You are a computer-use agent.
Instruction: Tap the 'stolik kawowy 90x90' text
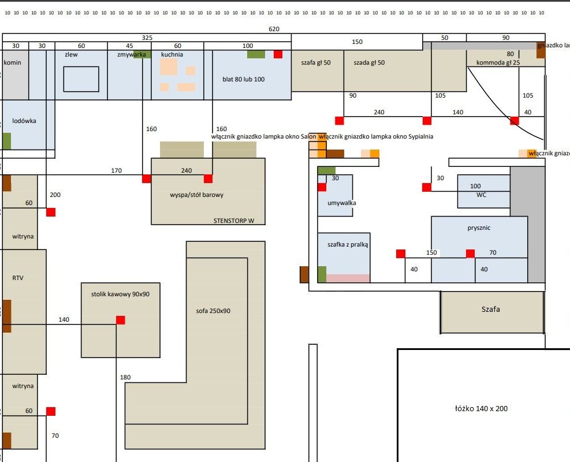[x=120, y=294]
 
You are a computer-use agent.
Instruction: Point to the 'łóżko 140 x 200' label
[x=481, y=408]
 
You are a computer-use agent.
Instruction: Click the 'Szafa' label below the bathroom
[x=491, y=309]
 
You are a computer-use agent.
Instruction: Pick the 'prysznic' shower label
[x=479, y=228]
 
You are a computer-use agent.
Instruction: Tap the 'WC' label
[x=482, y=195]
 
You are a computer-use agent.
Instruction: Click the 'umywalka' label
[x=342, y=203]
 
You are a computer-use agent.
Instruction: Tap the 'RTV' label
[x=18, y=278]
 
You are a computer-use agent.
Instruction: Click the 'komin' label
[x=12, y=62]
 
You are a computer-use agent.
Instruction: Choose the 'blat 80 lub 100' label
[x=243, y=79]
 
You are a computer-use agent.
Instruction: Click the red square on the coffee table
[x=120, y=320]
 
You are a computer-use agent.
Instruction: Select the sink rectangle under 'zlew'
[x=81, y=79]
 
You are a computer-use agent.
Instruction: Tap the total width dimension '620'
[x=274, y=29]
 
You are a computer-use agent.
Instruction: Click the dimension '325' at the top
[x=147, y=38]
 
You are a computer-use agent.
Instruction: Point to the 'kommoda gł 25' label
[x=498, y=62]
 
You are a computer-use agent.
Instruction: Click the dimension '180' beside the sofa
[x=125, y=378]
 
